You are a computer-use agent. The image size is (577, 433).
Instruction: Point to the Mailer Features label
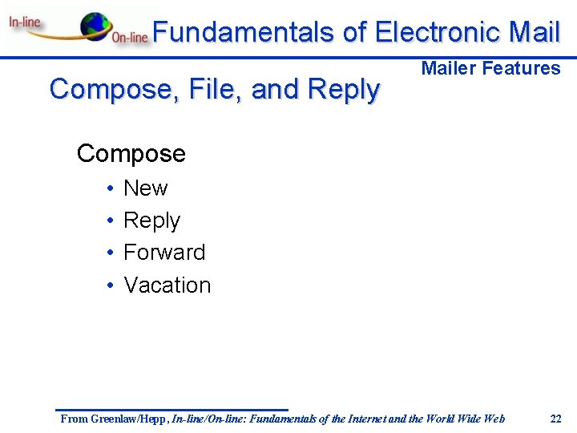click(x=490, y=68)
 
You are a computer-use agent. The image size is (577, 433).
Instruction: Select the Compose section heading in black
click(x=131, y=153)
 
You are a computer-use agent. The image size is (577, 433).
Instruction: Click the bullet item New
click(x=145, y=188)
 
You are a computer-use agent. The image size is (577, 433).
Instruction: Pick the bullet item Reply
click(x=151, y=221)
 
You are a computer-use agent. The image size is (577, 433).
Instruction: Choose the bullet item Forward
click(x=164, y=253)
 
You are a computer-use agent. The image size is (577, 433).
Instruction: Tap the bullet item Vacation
click(x=167, y=285)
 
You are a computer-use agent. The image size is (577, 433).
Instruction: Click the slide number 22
click(x=555, y=419)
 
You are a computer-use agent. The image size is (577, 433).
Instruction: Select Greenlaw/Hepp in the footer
click(x=127, y=419)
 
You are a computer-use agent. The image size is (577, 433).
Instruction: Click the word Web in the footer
click(x=494, y=419)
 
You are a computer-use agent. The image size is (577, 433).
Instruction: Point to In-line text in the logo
click(x=25, y=22)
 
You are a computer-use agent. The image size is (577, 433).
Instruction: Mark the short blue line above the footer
click(x=171, y=410)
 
